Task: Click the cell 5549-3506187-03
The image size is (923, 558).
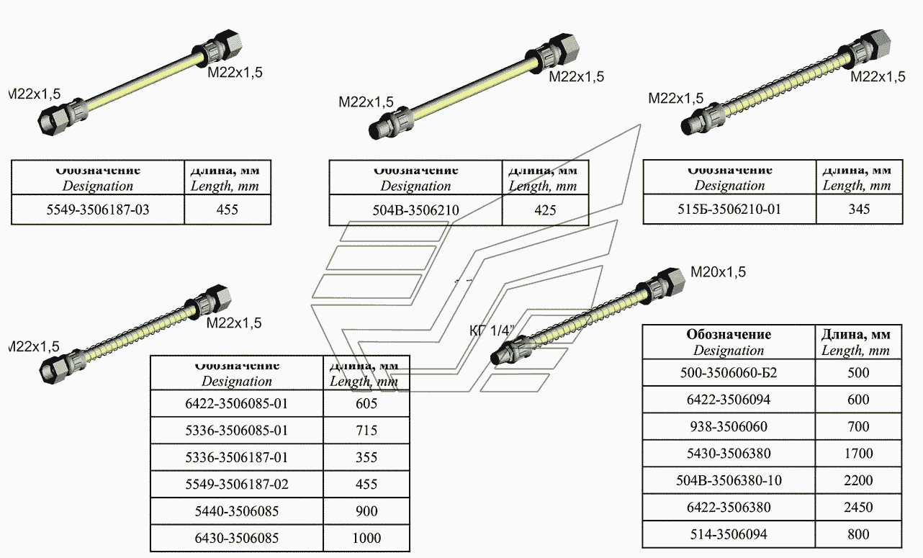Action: pyautogui.click(x=97, y=210)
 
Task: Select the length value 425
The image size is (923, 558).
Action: pyautogui.click(x=544, y=210)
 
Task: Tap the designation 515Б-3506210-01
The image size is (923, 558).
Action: pyautogui.click(x=729, y=210)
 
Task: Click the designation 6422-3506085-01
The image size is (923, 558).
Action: pyautogui.click(x=236, y=404)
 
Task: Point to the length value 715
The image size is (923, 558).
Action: pyautogui.click(x=366, y=431)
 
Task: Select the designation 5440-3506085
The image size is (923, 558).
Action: pyautogui.click(x=236, y=511)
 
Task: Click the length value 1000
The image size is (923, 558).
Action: pyautogui.click(x=366, y=538)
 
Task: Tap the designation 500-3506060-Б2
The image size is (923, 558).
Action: pyautogui.click(x=728, y=373)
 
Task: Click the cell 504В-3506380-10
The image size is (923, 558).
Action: pyautogui.click(x=728, y=480)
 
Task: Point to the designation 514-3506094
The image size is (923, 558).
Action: pyautogui.click(x=728, y=534)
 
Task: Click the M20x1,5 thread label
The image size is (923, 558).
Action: pyautogui.click(x=718, y=272)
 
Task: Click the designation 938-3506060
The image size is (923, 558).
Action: pyautogui.click(x=728, y=426)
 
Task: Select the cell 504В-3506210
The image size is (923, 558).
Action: pyautogui.click(x=415, y=210)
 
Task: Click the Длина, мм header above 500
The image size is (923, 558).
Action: pyautogui.click(x=856, y=334)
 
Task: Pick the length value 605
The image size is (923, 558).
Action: pyautogui.click(x=366, y=404)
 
